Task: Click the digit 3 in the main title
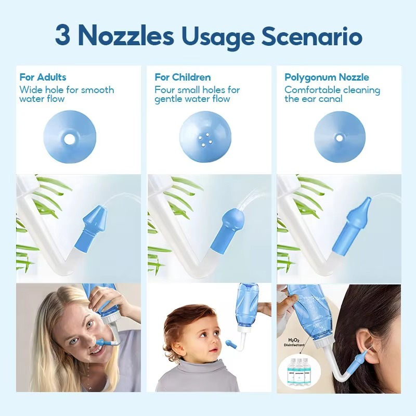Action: (63, 36)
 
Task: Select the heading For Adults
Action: (43, 77)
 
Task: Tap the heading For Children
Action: (183, 77)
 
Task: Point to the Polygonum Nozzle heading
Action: (327, 77)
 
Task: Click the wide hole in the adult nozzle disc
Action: (69, 139)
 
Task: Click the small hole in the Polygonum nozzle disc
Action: (339, 137)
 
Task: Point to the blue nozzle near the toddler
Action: (230, 343)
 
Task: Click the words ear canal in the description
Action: (322, 99)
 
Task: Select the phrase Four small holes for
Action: (197, 90)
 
